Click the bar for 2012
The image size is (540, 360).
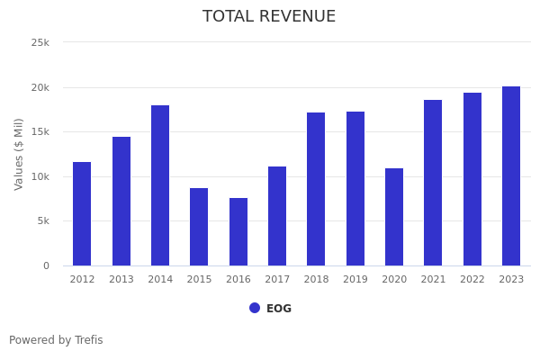pyautogui.click(x=82, y=214)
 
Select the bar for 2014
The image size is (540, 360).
pyautogui.click(x=160, y=185)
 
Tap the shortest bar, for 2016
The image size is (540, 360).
pyautogui.click(x=238, y=232)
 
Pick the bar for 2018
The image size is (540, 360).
pyautogui.click(x=316, y=189)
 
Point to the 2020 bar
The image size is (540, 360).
pyautogui.click(x=394, y=217)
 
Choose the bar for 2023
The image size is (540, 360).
pyautogui.click(x=511, y=176)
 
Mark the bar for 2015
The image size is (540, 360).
pyautogui.click(x=199, y=227)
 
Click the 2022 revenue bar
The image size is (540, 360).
pyautogui.click(x=472, y=179)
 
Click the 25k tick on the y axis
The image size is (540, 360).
pyautogui.click(x=40, y=42)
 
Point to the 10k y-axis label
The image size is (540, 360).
pyautogui.click(x=40, y=176)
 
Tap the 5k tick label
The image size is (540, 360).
pyautogui.click(x=42, y=221)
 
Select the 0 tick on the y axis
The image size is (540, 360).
pyautogui.click(x=46, y=265)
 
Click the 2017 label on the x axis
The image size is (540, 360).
pyautogui.click(x=277, y=280)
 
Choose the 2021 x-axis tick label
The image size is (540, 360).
pyautogui.click(x=433, y=280)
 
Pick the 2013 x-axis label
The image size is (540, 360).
pyautogui.click(x=121, y=280)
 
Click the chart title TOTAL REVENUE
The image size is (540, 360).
pyautogui.click(x=269, y=17)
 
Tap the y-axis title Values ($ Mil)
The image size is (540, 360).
pyautogui.click(x=19, y=154)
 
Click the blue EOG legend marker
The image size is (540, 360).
pyautogui.click(x=255, y=308)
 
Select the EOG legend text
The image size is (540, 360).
pyautogui.click(x=279, y=309)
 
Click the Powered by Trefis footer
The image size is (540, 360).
pyautogui.click(x=56, y=340)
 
